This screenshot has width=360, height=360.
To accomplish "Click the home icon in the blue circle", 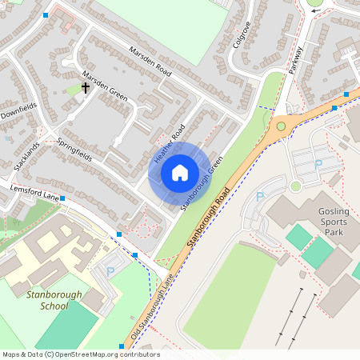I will (x=180, y=173).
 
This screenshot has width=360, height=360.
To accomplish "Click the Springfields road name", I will (x=74, y=149).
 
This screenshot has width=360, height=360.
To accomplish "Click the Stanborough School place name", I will (x=54, y=300).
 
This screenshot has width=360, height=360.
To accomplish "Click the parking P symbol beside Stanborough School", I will (x=110, y=272).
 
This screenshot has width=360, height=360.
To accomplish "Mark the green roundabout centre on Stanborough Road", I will (x=281, y=126).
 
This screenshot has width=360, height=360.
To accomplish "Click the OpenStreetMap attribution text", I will (x=81, y=354).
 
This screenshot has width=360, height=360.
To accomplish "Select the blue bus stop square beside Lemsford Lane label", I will (x=62, y=197).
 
